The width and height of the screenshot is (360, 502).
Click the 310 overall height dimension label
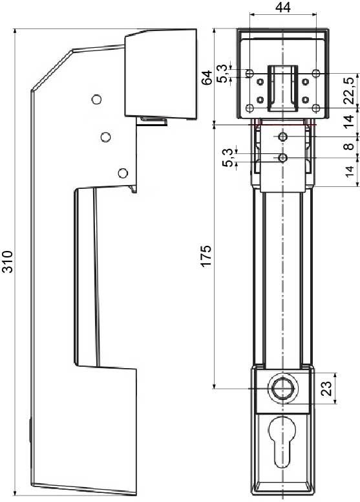click(x=7, y=261)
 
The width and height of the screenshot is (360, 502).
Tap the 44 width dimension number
click(x=283, y=7)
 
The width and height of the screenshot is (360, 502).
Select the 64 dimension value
click(x=207, y=77)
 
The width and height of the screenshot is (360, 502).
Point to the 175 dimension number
click(x=207, y=256)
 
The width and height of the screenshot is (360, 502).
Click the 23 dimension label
click(x=326, y=388)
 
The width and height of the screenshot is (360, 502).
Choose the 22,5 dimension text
click(x=350, y=91)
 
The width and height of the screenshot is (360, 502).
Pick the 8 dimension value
click(x=350, y=146)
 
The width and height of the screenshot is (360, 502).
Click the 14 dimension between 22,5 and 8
click(x=350, y=121)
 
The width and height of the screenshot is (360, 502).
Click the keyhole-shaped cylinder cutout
click(x=282, y=438)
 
